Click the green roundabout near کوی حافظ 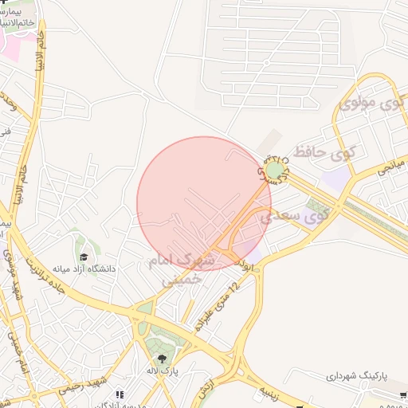point(275,170)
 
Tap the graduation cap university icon point(84,257)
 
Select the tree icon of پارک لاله point(163,359)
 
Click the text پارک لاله point(163,371)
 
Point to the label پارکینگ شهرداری point(367,375)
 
